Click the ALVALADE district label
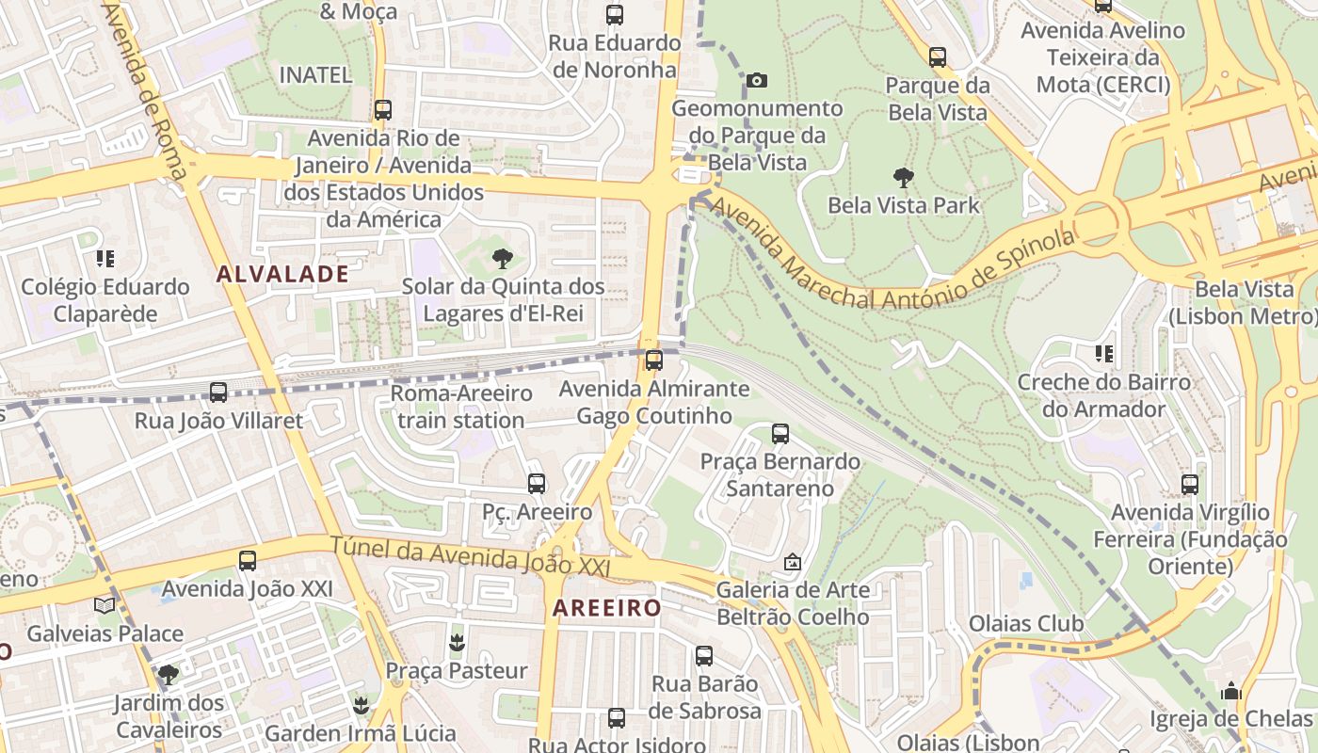coord(281,274)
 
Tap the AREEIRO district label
coord(606,608)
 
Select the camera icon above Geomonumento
coord(756,81)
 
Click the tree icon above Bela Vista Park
coord(903,177)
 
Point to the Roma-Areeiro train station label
coord(460,407)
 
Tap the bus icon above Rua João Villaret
coord(218,393)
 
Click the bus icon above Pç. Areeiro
coord(536,484)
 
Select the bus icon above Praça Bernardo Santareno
coord(780,434)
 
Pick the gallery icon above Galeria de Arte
coord(793,563)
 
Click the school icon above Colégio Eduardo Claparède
coord(105,258)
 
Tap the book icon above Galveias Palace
coord(104,605)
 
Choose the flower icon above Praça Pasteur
coord(457,643)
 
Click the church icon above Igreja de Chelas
coord(1230,692)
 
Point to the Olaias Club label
coord(1026,623)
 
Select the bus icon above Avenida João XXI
coord(247,561)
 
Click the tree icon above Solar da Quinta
coord(503,258)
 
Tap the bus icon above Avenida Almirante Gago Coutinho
coord(653,360)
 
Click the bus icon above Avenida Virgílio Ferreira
coord(1190,485)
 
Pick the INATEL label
coord(315,74)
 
